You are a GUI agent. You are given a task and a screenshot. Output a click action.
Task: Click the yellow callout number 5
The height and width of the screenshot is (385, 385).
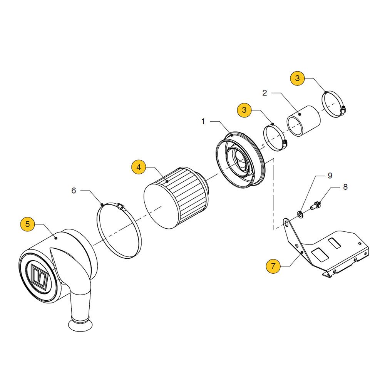point(27,224)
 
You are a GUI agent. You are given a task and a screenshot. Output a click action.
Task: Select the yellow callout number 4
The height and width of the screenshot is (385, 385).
point(139,167)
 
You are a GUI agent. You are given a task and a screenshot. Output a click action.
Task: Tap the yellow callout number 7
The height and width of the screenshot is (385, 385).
point(273,266)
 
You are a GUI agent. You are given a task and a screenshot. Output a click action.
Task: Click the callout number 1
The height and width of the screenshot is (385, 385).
point(203,121)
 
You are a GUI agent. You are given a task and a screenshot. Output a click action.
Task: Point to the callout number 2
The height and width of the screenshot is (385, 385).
point(264,93)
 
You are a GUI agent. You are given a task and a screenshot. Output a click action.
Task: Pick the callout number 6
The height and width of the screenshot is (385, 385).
point(74,191)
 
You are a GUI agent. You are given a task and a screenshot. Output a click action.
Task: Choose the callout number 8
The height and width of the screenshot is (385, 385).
point(345,187)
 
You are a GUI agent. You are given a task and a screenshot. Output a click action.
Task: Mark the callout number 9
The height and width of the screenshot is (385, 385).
point(330,176)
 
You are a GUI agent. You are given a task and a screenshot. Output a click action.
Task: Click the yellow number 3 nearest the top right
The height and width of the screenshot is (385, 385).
point(297,78)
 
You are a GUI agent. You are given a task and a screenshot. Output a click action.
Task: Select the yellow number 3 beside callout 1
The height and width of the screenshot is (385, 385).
point(244,110)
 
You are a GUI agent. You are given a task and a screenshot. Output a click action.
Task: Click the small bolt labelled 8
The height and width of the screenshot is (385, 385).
point(315,205)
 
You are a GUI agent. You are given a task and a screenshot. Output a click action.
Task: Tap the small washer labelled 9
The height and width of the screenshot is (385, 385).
point(300,214)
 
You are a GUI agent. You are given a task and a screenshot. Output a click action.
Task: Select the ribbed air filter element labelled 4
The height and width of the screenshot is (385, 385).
point(177,198)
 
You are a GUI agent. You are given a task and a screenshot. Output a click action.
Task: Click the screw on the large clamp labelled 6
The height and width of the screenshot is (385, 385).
point(121,206)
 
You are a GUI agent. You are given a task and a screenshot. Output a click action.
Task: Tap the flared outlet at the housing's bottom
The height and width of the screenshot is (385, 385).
point(80,324)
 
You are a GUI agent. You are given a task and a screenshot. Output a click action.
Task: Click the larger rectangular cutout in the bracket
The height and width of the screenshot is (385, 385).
point(320,254)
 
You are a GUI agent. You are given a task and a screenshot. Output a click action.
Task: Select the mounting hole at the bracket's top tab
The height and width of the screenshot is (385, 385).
point(286,224)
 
